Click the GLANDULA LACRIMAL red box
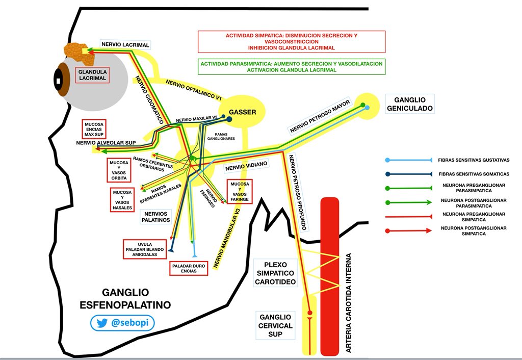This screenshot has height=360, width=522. (x=92, y=75)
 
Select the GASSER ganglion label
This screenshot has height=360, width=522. (x=242, y=112)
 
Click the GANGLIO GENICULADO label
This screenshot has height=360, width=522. (x=409, y=104)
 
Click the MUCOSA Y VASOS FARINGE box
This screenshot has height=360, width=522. (x=240, y=191)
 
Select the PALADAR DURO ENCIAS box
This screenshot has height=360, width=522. (x=189, y=268)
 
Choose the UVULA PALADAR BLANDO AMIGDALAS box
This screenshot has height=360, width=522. (x=145, y=248)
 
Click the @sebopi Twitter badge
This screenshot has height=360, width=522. (x=122, y=323)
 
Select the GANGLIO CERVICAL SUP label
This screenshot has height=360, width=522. (x=275, y=325)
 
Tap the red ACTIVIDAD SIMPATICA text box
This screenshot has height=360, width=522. (x=291, y=41)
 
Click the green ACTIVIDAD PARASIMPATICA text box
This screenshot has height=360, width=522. (x=291, y=67)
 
